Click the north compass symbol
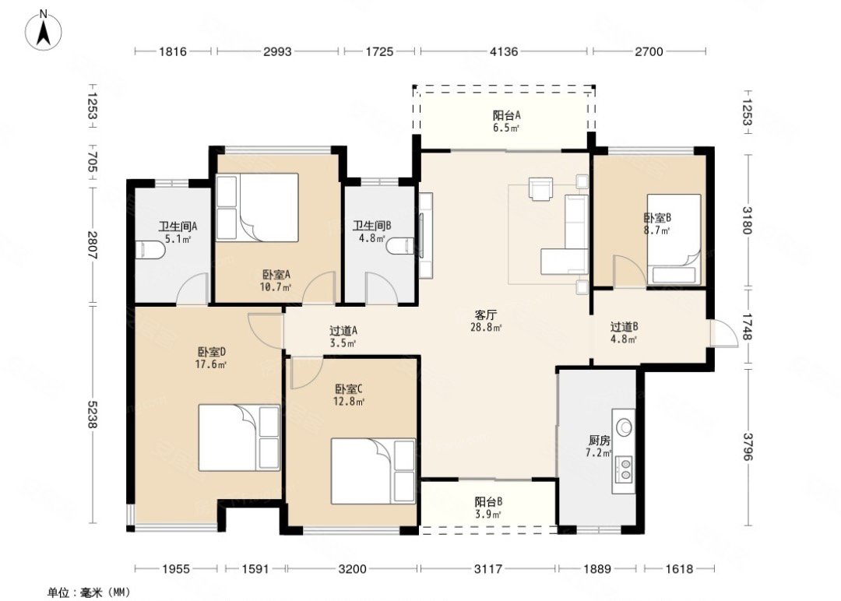[x=44, y=30]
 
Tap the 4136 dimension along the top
[x=504, y=51]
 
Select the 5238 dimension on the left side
[x=92, y=415]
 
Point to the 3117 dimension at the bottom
[x=488, y=569]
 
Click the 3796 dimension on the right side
[x=748, y=447]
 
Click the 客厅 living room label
[x=486, y=315]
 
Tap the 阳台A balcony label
[x=507, y=115]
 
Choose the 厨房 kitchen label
[x=599, y=441]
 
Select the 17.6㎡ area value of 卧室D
[x=211, y=364]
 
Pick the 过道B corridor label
[x=624, y=326]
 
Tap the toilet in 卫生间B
[x=400, y=247]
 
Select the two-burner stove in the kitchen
[x=624, y=468]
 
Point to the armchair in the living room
[x=540, y=188]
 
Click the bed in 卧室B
[x=674, y=239]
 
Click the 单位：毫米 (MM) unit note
[x=89, y=592]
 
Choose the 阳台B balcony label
[x=488, y=502]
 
